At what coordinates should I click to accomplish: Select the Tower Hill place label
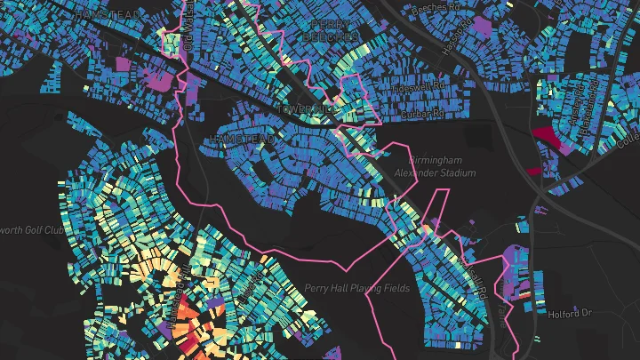[300, 108]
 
